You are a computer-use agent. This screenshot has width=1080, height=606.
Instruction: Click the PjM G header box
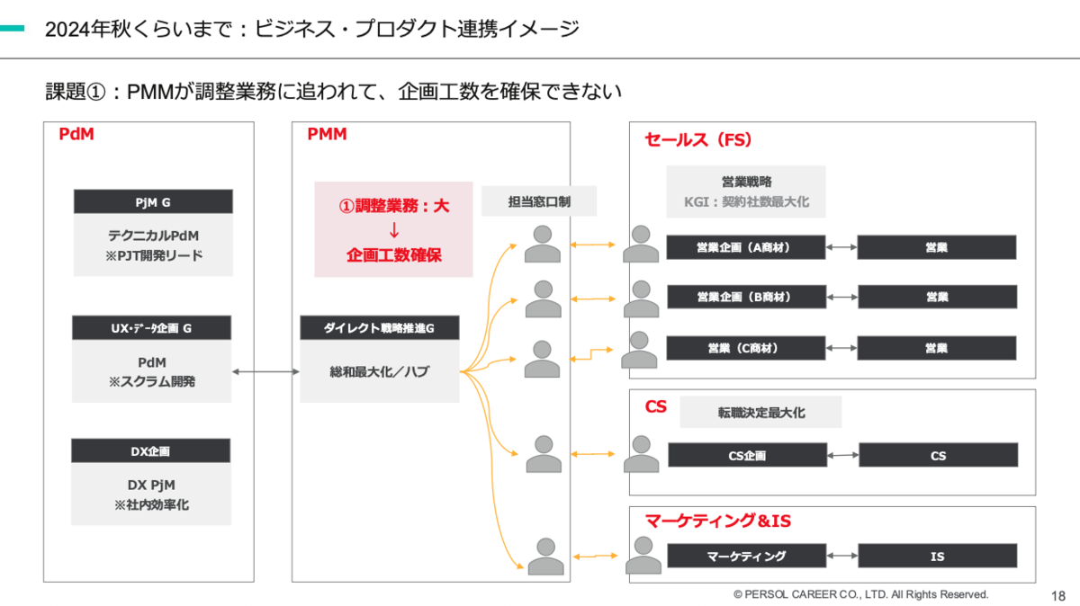tap(153, 201)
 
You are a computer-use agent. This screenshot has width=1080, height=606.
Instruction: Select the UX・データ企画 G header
tap(151, 328)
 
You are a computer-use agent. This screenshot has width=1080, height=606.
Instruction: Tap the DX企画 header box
tap(150, 450)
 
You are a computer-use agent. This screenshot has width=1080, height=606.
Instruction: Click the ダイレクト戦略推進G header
tap(380, 328)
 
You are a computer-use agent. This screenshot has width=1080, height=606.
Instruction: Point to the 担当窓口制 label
tap(539, 201)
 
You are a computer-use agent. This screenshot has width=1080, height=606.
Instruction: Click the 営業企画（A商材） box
tap(746, 247)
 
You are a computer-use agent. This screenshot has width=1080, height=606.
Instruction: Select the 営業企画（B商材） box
tap(746, 297)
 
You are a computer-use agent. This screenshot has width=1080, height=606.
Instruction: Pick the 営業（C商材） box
tap(746, 348)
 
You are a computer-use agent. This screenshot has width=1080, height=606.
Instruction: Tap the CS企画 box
tap(747, 455)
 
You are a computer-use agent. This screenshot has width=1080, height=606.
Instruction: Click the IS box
tap(938, 556)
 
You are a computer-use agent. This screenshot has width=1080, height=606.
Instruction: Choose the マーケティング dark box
tap(746, 556)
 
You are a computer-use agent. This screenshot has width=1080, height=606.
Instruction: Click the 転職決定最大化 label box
tap(760, 413)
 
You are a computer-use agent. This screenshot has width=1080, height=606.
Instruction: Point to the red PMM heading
tap(327, 134)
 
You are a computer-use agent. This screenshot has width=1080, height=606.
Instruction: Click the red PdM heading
tap(76, 134)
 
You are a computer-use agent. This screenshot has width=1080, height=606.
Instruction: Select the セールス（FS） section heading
tap(698, 139)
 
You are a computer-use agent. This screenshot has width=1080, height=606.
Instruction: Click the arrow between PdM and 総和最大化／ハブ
tap(265, 371)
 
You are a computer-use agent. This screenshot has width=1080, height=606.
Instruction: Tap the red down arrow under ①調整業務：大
tap(394, 230)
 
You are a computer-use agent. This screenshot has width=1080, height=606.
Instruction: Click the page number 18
tap(1058, 596)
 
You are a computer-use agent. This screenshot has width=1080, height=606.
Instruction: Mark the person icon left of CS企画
tap(641, 454)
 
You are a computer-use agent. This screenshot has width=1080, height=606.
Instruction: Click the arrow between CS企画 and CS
tap(842, 455)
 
